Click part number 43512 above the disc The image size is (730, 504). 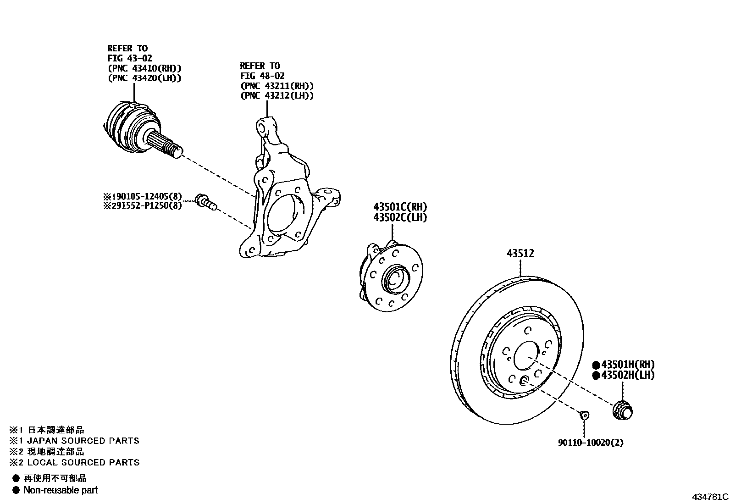[520, 253]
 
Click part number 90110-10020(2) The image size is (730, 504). [591, 443]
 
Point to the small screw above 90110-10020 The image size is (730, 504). [584, 415]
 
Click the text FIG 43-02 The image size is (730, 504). [130, 58]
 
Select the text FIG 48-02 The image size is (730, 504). [262, 76]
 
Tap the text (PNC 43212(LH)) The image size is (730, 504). [277, 95]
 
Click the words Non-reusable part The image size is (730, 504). [61, 490]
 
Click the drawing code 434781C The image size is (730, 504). [710, 497]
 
